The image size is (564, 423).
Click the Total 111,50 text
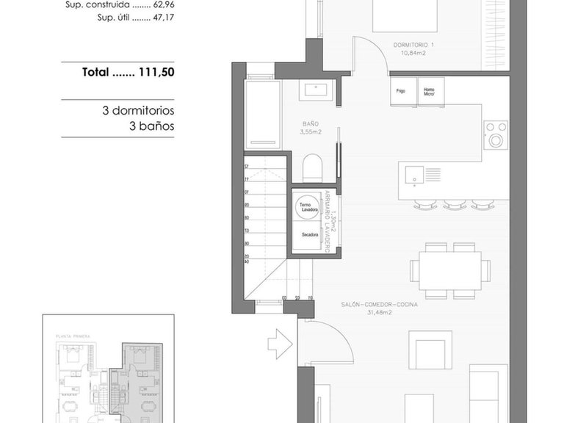[128, 73]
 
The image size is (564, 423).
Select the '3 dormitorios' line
[138, 111]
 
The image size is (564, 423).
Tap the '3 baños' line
[151, 126]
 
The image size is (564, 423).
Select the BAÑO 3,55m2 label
[312, 128]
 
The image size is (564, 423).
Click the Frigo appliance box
[402, 93]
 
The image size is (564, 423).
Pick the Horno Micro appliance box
[430, 93]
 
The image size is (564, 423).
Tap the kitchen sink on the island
[413, 175]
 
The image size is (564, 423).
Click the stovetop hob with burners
[496, 134]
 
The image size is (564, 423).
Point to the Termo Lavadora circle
[308, 207]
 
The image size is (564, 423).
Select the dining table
[450, 270]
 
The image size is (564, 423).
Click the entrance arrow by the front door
[281, 342]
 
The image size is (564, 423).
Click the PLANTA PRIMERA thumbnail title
[72, 336]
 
